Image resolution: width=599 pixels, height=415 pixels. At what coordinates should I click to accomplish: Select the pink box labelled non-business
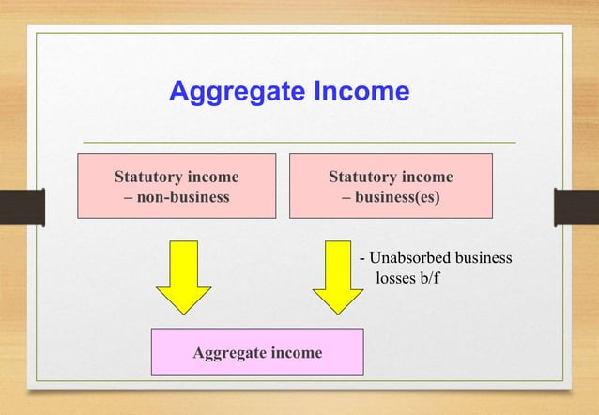point(176,187)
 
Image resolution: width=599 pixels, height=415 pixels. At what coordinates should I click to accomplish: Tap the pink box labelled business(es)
point(390,187)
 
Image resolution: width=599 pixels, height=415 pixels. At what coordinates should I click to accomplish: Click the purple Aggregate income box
point(257,353)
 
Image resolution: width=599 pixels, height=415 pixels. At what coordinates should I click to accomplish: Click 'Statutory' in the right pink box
point(361,177)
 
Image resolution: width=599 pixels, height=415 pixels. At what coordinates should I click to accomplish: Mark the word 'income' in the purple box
point(295,353)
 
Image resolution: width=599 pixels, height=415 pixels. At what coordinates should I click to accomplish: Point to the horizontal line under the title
point(299,142)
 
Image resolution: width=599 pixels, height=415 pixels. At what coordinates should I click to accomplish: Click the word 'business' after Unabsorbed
point(481,258)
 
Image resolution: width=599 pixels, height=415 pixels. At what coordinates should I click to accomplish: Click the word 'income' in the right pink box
point(426,177)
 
